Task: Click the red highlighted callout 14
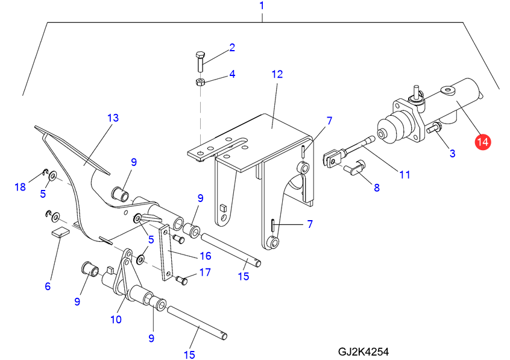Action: [x=482, y=142]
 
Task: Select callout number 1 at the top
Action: [x=262, y=6]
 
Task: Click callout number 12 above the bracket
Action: [x=276, y=75]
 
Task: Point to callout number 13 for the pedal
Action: [x=113, y=118]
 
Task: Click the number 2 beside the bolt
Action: [x=231, y=47]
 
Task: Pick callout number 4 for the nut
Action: [x=231, y=75]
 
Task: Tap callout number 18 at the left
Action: [x=20, y=187]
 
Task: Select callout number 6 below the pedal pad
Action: [x=48, y=286]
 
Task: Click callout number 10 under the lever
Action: [x=116, y=319]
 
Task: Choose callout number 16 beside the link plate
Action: [x=205, y=256]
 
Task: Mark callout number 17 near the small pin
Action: [x=205, y=273]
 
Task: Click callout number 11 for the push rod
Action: [x=405, y=175]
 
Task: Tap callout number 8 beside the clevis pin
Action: [x=377, y=188]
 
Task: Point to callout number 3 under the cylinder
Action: [x=452, y=153]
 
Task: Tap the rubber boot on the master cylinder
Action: [x=391, y=130]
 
